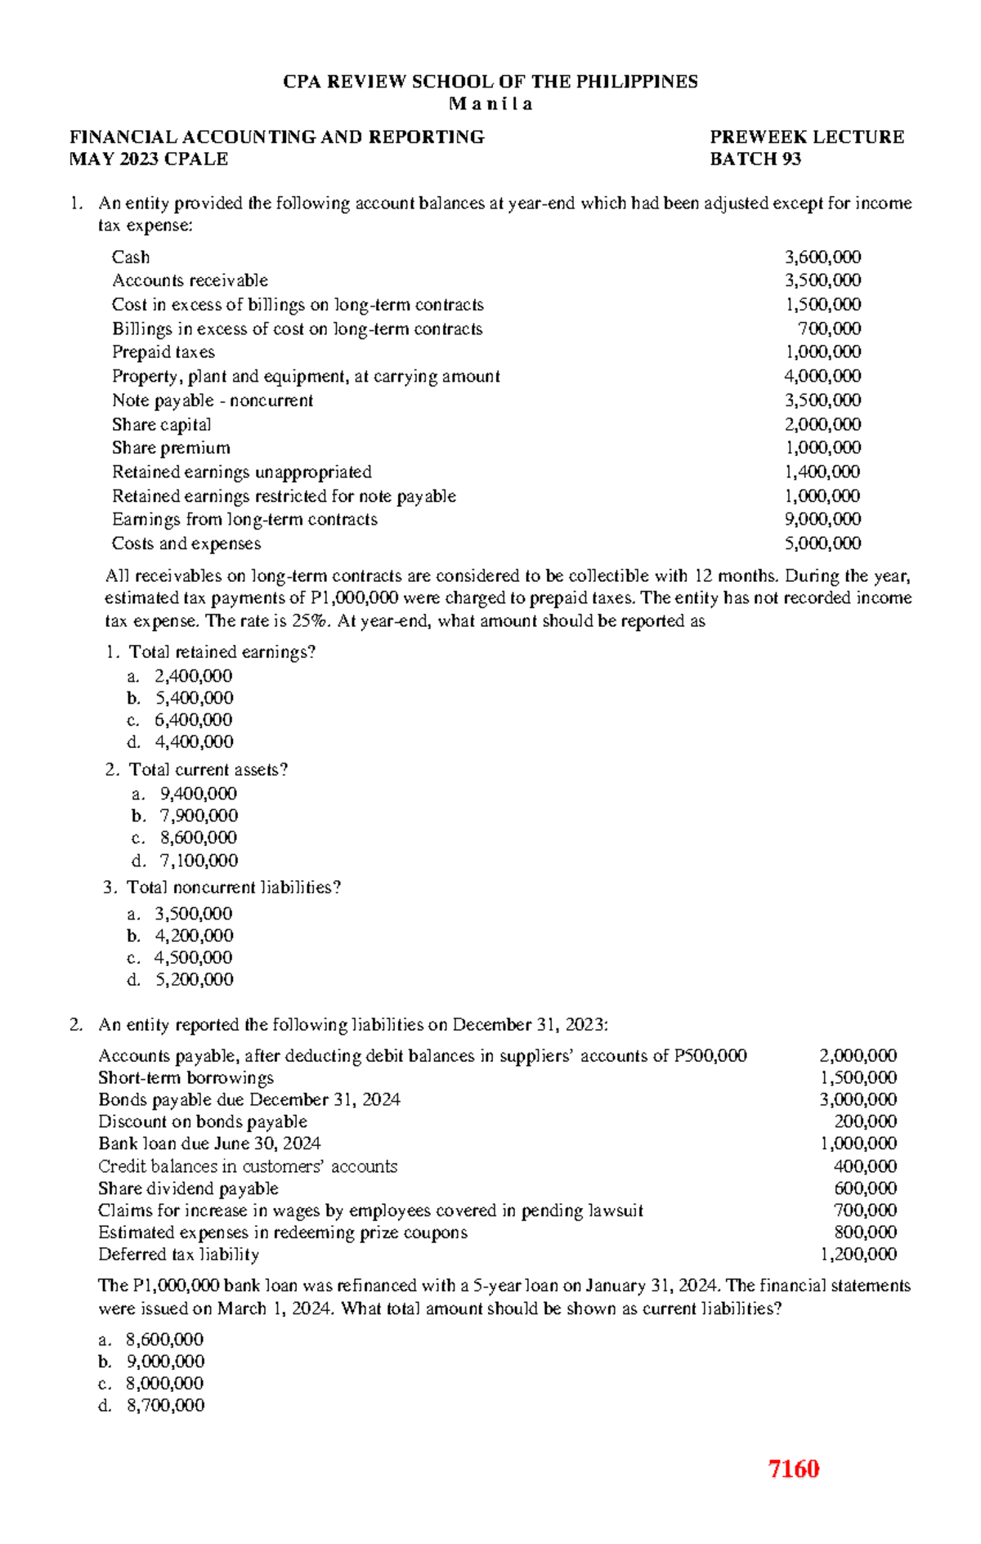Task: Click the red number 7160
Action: [793, 1469]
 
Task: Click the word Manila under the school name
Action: [490, 104]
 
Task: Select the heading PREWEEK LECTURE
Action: [806, 136]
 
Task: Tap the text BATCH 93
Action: [755, 159]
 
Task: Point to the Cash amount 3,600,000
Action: [822, 257]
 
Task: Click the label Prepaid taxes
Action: [163, 352]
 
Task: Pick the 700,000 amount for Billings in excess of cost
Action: [829, 329]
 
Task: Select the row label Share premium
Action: [171, 448]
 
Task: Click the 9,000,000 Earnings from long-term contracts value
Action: [822, 519]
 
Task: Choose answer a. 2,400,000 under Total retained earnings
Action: [193, 676]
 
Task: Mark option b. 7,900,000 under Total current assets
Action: [199, 816]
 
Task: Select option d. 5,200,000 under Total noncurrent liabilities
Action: [194, 979]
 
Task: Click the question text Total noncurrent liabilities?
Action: [234, 888]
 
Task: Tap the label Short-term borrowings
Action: [186, 1077]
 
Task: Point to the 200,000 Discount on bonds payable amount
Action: [865, 1121]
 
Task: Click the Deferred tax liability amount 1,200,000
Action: [858, 1254]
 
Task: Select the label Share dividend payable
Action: [188, 1188]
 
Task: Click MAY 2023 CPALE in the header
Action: [149, 159]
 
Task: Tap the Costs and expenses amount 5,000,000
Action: [822, 544]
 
